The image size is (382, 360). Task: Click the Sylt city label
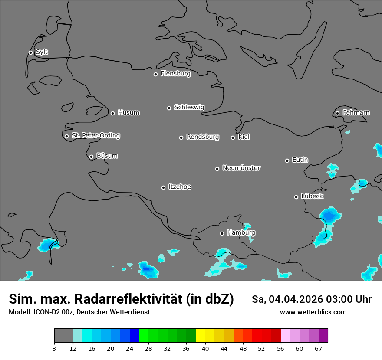42,52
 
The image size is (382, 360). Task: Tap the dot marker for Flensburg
155,74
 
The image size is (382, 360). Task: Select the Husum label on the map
128,113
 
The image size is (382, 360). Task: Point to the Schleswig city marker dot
169,108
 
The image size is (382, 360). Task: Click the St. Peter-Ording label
95,136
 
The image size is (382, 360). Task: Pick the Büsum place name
107,156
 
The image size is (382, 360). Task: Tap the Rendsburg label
203,137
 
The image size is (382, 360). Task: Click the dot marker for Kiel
233,137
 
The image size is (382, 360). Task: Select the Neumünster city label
241,168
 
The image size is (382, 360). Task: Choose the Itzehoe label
180,187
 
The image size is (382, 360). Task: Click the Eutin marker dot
287,160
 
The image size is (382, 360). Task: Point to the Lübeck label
312,196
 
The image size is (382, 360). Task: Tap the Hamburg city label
241,233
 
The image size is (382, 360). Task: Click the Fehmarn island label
356,113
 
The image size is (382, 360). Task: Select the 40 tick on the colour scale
205,348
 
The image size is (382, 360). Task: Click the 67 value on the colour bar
318,348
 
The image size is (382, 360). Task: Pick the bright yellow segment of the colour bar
201,336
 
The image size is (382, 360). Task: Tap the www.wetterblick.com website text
313,312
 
